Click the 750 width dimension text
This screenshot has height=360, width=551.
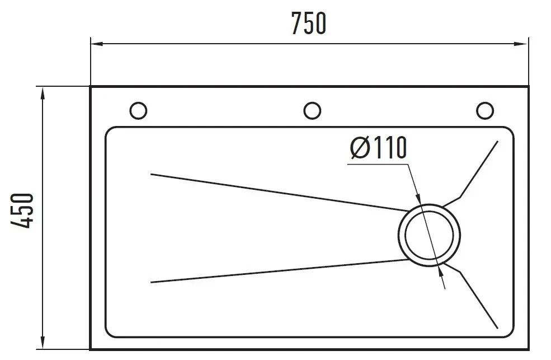pyautogui.click(x=309, y=23)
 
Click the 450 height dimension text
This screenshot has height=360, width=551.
pyautogui.click(x=22, y=211)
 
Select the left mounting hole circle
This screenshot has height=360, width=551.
pyautogui.click(x=138, y=110)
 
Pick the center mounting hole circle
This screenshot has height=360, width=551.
pyautogui.click(x=312, y=110)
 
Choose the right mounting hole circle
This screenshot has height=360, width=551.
pyautogui.click(x=485, y=110)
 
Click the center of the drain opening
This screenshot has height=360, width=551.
pyautogui.click(x=429, y=235)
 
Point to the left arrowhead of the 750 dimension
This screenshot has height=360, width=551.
pyautogui.click(x=97, y=44)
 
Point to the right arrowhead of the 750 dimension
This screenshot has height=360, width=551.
pyautogui.click(x=521, y=44)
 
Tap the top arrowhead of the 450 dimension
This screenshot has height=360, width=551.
pyautogui.click(x=43, y=93)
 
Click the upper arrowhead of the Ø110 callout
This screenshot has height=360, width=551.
pyautogui.click(x=418, y=199)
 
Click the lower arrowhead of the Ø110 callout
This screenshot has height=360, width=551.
pyautogui.click(x=441, y=270)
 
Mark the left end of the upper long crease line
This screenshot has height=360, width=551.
pyautogui.click(x=151, y=174)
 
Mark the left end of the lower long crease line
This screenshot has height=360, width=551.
pyautogui.click(x=151, y=282)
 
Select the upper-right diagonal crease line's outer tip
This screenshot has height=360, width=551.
pyautogui.click(x=498, y=141)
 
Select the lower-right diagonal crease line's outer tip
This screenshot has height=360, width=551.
pyautogui.click(x=497, y=328)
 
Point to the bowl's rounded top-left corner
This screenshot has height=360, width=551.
pyautogui.click(x=109, y=131)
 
